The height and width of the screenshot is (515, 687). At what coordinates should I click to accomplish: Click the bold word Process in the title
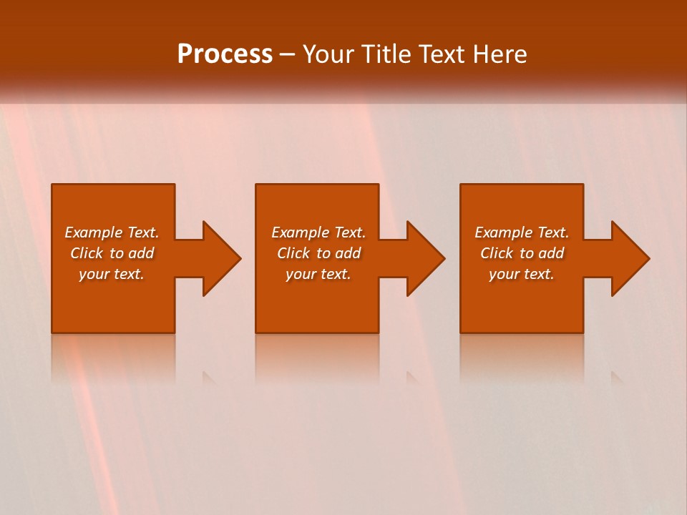(225, 54)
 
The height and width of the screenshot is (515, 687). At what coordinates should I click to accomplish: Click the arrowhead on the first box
(219, 258)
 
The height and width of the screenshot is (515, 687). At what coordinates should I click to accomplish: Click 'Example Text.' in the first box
(112, 232)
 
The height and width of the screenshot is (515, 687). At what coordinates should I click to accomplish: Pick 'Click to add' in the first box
(112, 253)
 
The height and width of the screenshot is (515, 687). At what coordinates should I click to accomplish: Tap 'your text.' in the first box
(112, 274)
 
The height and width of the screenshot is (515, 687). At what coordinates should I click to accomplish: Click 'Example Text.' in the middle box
(318, 232)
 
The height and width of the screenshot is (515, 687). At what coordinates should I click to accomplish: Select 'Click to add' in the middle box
(318, 253)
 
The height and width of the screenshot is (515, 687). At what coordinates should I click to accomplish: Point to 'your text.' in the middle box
(318, 274)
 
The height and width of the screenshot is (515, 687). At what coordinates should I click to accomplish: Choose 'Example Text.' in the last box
(522, 232)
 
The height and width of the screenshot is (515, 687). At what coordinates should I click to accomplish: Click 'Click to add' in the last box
(522, 253)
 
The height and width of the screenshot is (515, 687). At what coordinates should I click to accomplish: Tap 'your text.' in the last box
(522, 274)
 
